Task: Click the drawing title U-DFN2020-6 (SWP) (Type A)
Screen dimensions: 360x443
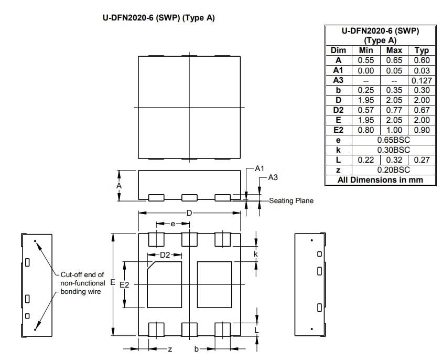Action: (158, 18)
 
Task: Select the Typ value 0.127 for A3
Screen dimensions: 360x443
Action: (422, 80)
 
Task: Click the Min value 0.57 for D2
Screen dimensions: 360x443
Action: (365, 110)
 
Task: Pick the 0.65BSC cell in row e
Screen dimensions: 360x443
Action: (393, 140)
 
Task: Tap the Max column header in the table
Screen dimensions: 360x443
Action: (394, 50)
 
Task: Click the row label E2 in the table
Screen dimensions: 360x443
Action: (339, 130)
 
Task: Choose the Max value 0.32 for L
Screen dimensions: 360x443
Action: (394, 160)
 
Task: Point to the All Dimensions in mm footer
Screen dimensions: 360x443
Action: (380, 180)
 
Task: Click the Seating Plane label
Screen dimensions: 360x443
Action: (291, 200)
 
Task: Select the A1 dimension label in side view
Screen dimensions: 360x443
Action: (260, 169)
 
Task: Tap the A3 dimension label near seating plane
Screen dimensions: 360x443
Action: (273, 178)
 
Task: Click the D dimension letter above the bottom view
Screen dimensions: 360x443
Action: (189, 213)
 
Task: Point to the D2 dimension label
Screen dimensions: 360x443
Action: (165, 255)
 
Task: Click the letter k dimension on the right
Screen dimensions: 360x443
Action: (256, 255)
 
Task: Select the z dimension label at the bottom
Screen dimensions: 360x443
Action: (170, 349)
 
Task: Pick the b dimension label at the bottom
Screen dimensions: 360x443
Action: (197, 349)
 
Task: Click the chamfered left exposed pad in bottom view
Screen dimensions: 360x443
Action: (164, 285)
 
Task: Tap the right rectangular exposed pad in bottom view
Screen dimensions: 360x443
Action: (214, 285)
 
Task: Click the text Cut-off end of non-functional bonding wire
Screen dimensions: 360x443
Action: (82, 283)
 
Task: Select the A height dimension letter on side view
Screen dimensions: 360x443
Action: (119, 186)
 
